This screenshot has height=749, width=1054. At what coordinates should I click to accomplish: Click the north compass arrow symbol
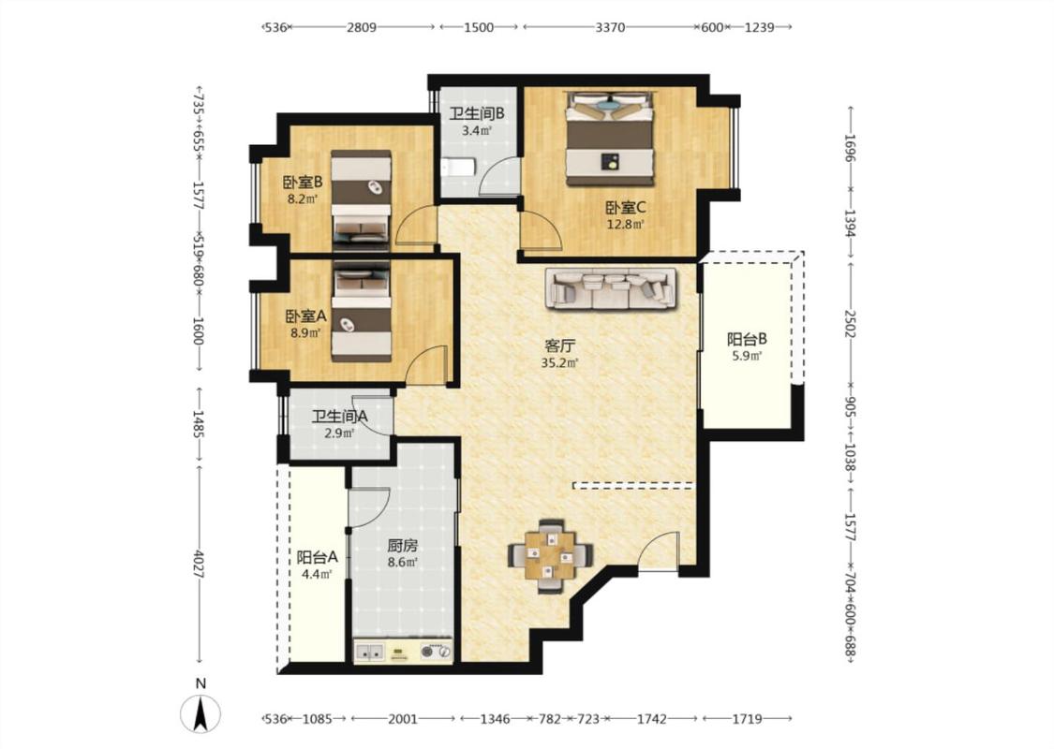click(x=200, y=713)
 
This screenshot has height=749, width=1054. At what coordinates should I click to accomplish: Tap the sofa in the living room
click(x=611, y=288)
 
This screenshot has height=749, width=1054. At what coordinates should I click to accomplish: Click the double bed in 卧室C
click(x=610, y=139)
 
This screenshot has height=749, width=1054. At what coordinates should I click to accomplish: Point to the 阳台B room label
click(x=747, y=339)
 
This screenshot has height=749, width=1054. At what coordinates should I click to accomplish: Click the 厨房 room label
click(x=402, y=546)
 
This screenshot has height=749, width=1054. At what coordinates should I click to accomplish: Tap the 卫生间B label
click(x=477, y=113)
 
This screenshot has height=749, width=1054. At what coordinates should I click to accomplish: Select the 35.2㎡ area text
click(x=560, y=363)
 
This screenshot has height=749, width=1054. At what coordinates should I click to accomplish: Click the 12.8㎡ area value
click(x=626, y=225)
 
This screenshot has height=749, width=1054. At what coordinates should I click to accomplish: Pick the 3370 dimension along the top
click(x=610, y=27)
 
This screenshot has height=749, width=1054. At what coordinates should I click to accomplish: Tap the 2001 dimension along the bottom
click(x=403, y=719)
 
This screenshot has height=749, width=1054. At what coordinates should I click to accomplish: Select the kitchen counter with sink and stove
click(x=403, y=651)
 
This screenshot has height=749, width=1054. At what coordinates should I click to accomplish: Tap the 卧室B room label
click(x=303, y=182)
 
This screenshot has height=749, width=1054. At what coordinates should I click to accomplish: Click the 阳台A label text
click(x=318, y=558)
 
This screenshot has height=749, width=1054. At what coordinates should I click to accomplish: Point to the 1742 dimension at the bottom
click(x=651, y=719)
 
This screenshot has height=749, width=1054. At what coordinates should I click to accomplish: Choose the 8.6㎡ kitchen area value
click(x=402, y=563)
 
